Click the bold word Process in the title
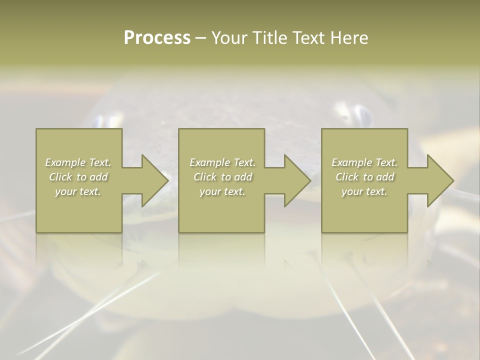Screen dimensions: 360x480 coord(157,38)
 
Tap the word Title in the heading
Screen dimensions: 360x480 coord(272,38)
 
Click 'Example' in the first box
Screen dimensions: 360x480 coord(65,162)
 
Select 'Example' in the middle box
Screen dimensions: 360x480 coord(209,162)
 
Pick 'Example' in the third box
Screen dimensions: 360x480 coord(351,162)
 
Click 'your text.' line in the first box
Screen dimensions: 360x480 coord(78,191)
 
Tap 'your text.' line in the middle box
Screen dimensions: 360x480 coord(222,191)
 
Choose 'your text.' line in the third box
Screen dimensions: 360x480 coord(364,191)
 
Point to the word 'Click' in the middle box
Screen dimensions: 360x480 coord(205,177)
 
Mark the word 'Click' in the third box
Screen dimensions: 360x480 coord(347,177)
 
